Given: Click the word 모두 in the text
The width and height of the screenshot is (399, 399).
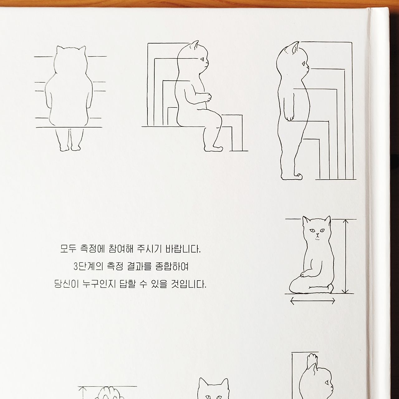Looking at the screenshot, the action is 68,249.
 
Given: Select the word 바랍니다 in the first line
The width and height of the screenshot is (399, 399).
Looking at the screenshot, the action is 183,249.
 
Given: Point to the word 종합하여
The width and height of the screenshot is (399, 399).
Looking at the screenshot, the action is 172,267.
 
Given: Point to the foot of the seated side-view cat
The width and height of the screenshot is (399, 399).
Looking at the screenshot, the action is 213,148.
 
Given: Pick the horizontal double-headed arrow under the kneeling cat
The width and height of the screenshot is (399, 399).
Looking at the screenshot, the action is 313,301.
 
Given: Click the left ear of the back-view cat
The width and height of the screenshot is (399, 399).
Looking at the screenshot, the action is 60,49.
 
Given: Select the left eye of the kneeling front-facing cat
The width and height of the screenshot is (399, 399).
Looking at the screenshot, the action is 312,230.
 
